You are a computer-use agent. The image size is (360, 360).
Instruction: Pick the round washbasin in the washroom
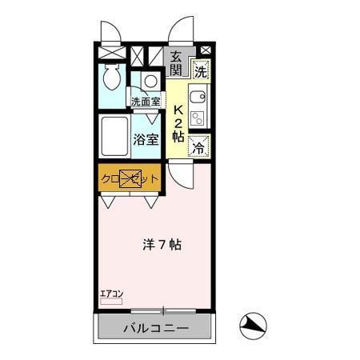150,81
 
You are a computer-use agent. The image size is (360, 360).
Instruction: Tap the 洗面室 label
146,102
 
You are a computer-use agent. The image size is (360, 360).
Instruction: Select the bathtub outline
114,138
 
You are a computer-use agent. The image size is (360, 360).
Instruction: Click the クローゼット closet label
130,178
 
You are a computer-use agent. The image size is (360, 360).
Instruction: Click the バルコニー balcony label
155,328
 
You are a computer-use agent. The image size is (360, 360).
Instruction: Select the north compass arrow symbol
252,324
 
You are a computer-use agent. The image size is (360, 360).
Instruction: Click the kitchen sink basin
198,100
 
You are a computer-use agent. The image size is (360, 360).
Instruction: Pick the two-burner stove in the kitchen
198,118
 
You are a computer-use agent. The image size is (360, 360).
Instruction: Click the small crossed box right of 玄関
205,51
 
